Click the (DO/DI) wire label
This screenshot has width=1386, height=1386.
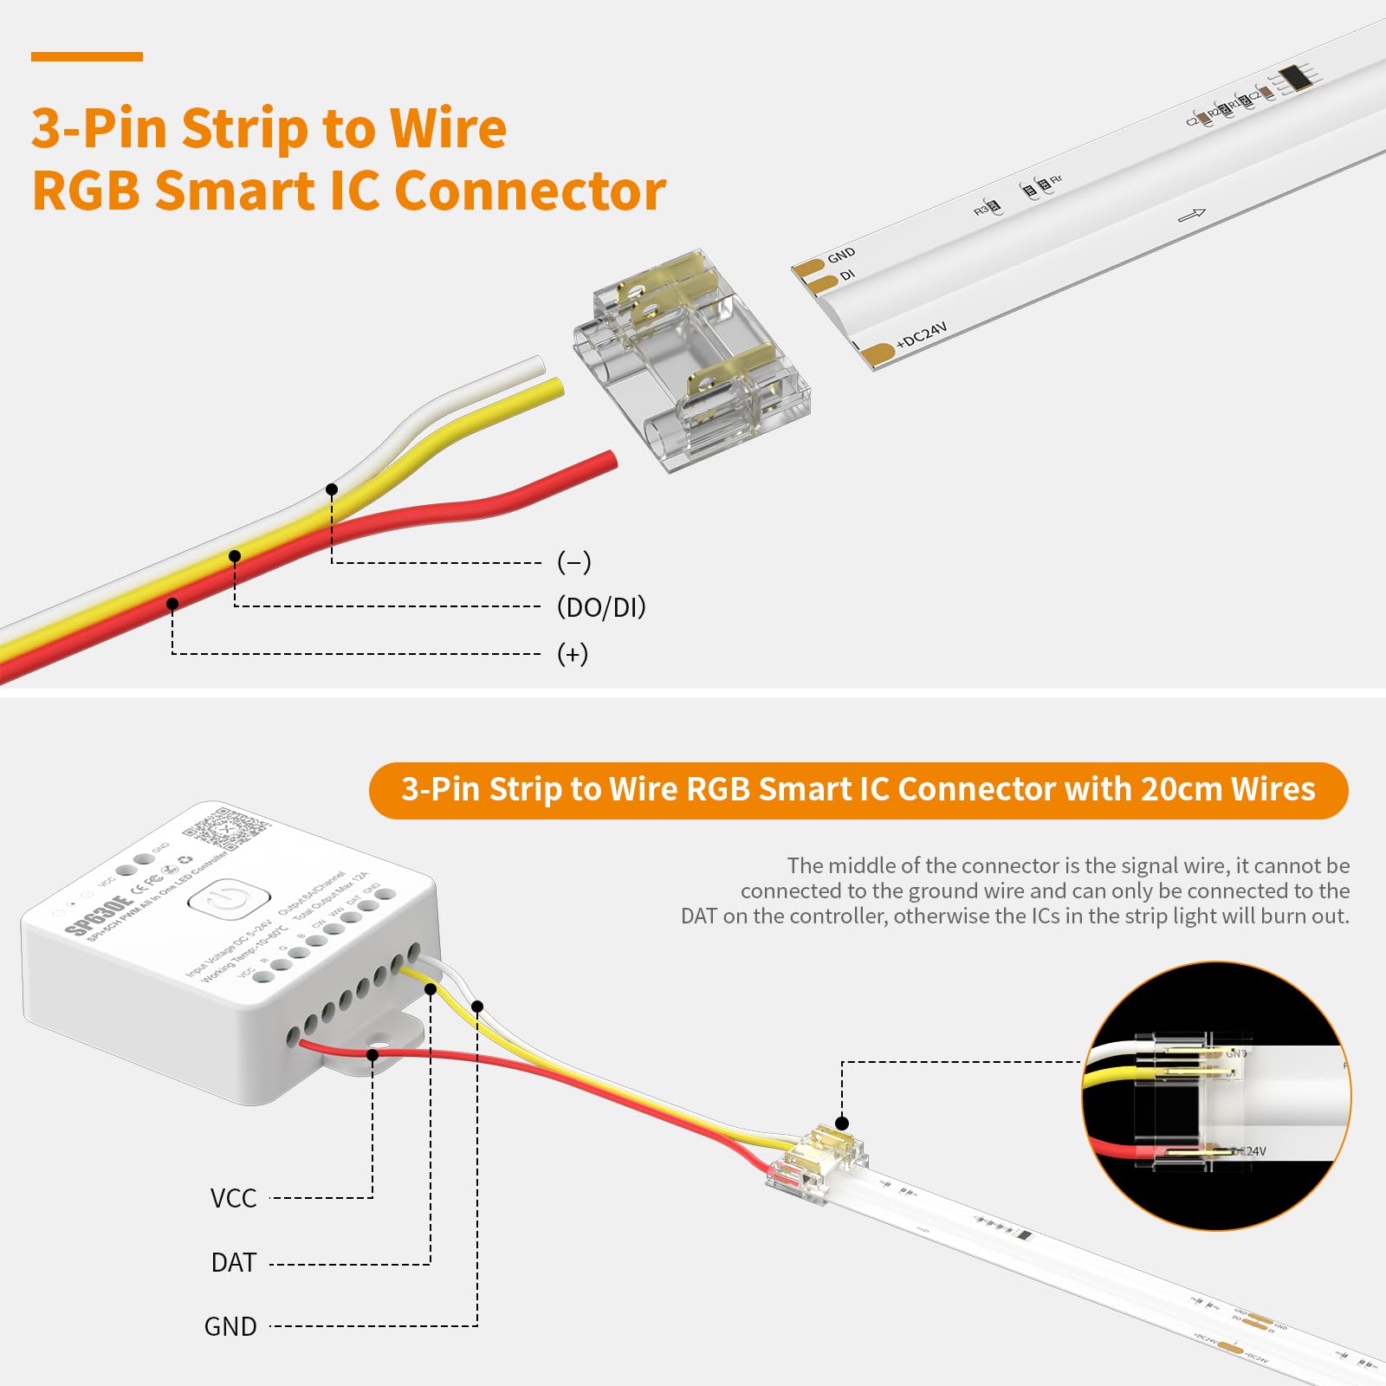pyautogui.click(x=601, y=607)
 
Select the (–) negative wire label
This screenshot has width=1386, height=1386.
pyautogui.click(x=573, y=562)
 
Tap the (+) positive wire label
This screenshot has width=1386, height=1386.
pyautogui.click(x=573, y=653)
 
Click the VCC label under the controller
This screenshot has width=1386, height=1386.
pyautogui.click(x=233, y=1198)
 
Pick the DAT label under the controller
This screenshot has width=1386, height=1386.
pyautogui.click(x=234, y=1263)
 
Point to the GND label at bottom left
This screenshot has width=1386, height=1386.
pyautogui.click(x=230, y=1326)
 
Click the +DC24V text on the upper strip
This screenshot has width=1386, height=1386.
pyautogui.click(x=922, y=335)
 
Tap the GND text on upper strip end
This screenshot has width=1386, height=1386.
pyautogui.click(x=840, y=255)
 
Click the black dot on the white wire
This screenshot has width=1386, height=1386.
pyautogui.click(x=332, y=489)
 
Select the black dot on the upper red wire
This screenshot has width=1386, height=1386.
pyautogui.click(x=172, y=603)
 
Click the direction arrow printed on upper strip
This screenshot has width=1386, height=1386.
pyautogui.click(x=1192, y=214)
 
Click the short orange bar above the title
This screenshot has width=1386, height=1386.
pyautogui.click(x=87, y=57)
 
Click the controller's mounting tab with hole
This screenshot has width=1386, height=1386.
pyautogui.click(x=381, y=1050)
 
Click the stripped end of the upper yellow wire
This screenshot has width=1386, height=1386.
pyautogui.click(x=555, y=387)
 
